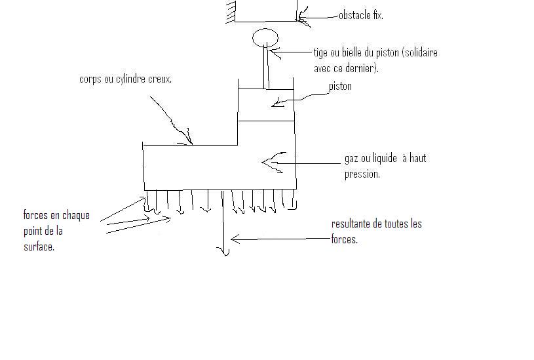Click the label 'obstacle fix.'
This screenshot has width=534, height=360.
point(361,15)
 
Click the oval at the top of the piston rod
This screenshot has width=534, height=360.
point(265,37)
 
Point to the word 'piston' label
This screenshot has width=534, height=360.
point(341,86)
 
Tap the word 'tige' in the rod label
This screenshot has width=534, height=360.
point(320,52)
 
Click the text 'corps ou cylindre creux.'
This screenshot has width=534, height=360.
point(126,79)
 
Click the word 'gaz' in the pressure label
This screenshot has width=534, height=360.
point(352,158)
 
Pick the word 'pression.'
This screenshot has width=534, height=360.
point(362,174)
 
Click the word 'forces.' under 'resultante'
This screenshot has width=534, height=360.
point(345,239)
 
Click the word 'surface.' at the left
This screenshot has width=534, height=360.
point(39,247)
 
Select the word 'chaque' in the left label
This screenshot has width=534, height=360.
point(75,215)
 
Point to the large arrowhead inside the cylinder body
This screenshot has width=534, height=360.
point(269,162)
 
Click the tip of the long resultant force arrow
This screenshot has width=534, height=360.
point(224,253)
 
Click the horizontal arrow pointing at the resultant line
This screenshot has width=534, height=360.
point(275,240)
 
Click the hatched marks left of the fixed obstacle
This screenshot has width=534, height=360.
point(230,12)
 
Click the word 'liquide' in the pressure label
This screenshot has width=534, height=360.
point(385,158)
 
